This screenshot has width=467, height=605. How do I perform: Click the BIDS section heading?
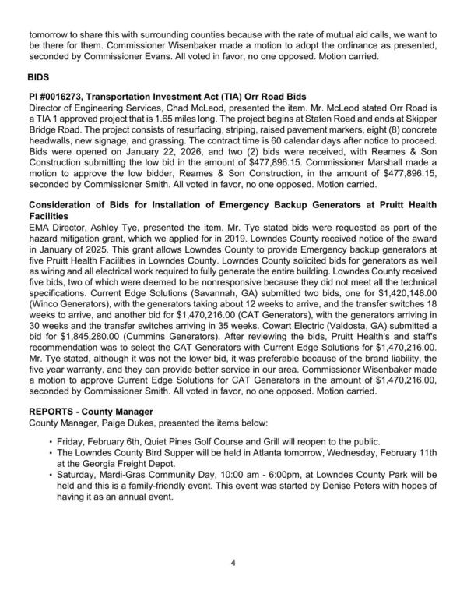[40, 79]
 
